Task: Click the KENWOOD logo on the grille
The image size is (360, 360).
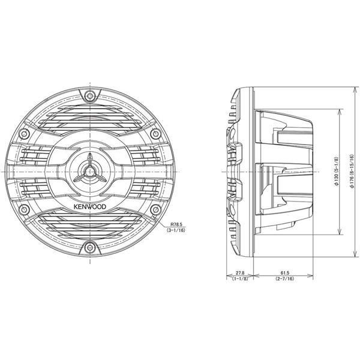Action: (x=90, y=206)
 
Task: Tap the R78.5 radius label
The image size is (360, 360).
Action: (x=176, y=224)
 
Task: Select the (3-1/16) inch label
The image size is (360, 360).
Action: (x=176, y=230)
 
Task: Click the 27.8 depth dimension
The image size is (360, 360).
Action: (x=240, y=273)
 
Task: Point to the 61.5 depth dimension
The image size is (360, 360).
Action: (x=284, y=273)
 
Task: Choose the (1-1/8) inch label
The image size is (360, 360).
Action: (x=240, y=278)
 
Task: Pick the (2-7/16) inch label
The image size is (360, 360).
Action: (x=284, y=278)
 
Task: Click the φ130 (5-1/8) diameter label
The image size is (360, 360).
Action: (x=337, y=172)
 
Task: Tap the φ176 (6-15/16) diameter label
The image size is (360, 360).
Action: (x=352, y=172)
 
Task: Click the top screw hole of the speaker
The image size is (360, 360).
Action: (x=90, y=95)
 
